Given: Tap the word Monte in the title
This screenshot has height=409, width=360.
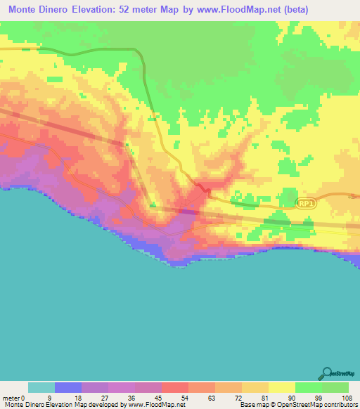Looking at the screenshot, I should coord(26,8).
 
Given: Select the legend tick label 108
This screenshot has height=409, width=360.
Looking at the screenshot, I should coord(345,396).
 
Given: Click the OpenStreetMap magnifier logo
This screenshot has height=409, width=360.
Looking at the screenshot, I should coord(328,373).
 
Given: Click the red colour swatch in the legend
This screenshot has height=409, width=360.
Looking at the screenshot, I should coord(174,387).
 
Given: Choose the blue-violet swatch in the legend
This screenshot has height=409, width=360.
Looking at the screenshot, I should coord(68,387).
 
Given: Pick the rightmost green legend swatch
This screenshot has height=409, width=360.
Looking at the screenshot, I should coord(335,387).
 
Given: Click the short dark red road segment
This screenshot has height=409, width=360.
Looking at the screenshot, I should coord(203,188).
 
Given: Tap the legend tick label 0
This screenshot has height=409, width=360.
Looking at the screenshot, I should coord(30,396).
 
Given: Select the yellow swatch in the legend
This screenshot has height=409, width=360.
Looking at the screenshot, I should coord(281,387).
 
